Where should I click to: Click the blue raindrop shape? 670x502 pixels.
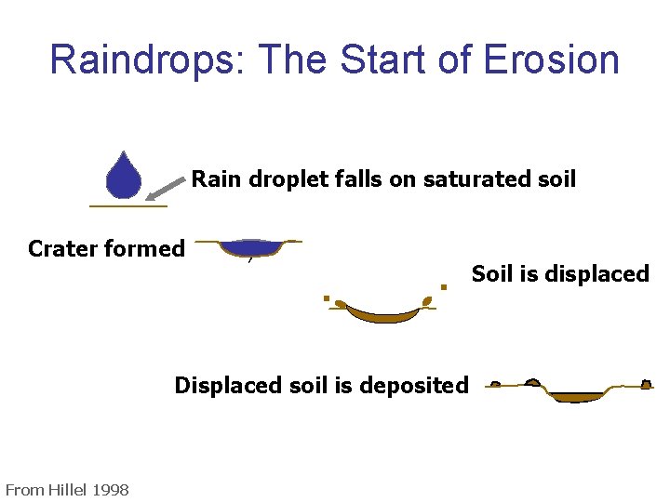[x=123, y=178]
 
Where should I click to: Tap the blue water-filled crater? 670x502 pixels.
[x=249, y=247]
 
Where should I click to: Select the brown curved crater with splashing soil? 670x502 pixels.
[x=382, y=312]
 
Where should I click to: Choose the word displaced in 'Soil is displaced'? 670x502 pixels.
[x=599, y=274]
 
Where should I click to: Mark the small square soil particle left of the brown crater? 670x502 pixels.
[x=327, y=298]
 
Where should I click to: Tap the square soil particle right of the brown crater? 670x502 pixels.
[x=444, y=287]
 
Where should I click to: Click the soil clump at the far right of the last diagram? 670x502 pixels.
[x=646, y=384]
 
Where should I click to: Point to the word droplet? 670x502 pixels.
[x=276, y=178]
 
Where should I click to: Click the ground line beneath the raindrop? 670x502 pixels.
[x=128, y=205]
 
